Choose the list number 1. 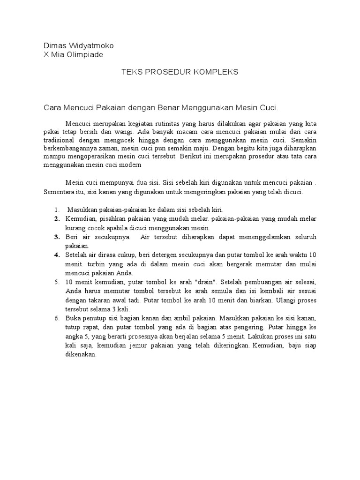pos(56,210)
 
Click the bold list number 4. pos(56,255)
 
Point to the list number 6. pos(56,318)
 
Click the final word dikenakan pos(80,354)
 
